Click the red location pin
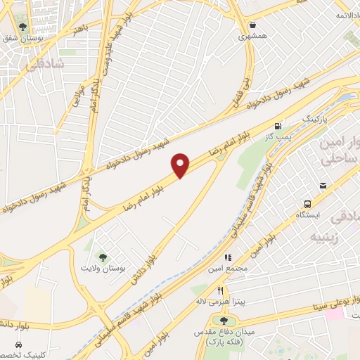(x=181, y=165)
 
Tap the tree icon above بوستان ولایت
(x=103, y=257)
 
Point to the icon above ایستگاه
(x=323, y=185)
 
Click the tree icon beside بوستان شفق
(x=23, y=27)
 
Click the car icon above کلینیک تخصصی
(x=18, y=345)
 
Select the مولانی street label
(x=77, y=94)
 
